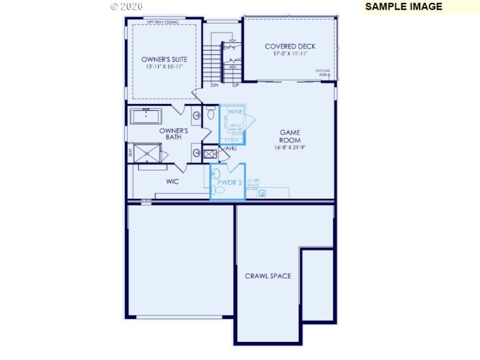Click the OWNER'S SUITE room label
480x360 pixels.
[164, 59]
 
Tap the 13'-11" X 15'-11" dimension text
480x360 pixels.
[164, 67]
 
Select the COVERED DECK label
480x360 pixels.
[290, 46]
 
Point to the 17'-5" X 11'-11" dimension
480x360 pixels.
[290, 53]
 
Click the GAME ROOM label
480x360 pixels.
[290, 136]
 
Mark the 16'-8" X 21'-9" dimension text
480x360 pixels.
[290, 147]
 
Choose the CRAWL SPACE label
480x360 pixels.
[268, 276]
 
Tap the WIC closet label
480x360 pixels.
[173, 181]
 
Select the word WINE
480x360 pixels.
[235, 112]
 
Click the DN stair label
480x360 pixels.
[215, 85]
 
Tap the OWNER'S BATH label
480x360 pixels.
[174, 134]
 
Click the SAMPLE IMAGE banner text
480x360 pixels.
[403, 7]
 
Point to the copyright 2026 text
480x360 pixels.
[127, 7]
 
